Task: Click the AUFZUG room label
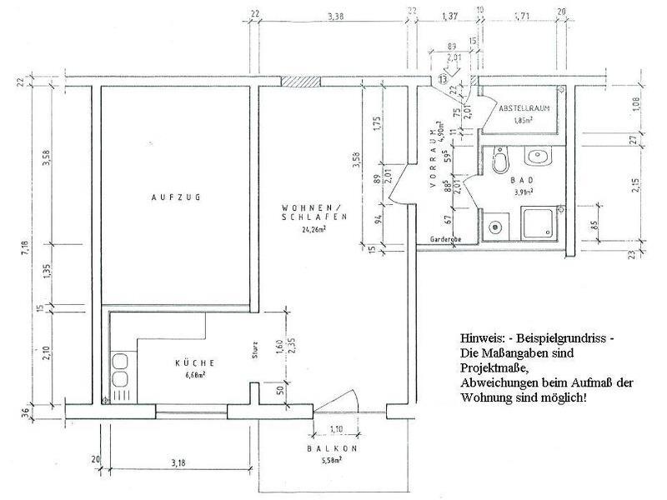[x=177, y=197]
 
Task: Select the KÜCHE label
[x=196, y=362]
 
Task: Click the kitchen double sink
[x=121, y=371]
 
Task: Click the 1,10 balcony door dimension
[x=337, y=430]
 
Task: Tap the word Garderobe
[x=446, y=239]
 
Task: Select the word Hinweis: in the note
[x=481, y=340]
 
